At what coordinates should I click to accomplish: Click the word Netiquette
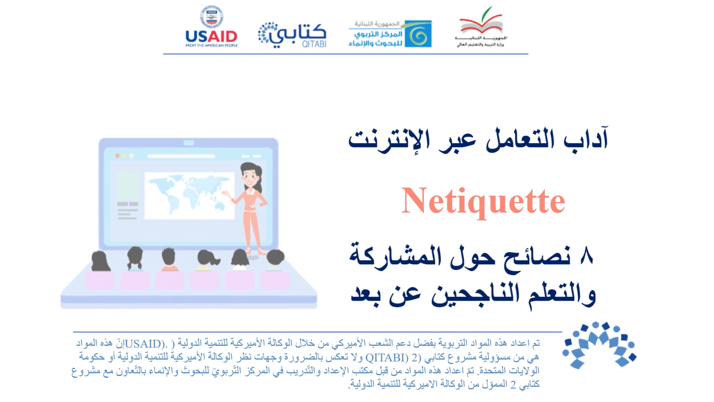point(483,201)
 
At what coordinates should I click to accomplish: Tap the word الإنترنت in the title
point(389,140)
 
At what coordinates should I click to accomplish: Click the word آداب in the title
point(586,138)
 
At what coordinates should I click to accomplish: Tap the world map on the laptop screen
point(189,196)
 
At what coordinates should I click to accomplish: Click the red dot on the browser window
point(117,156)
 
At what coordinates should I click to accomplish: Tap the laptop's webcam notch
point(189,143)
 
